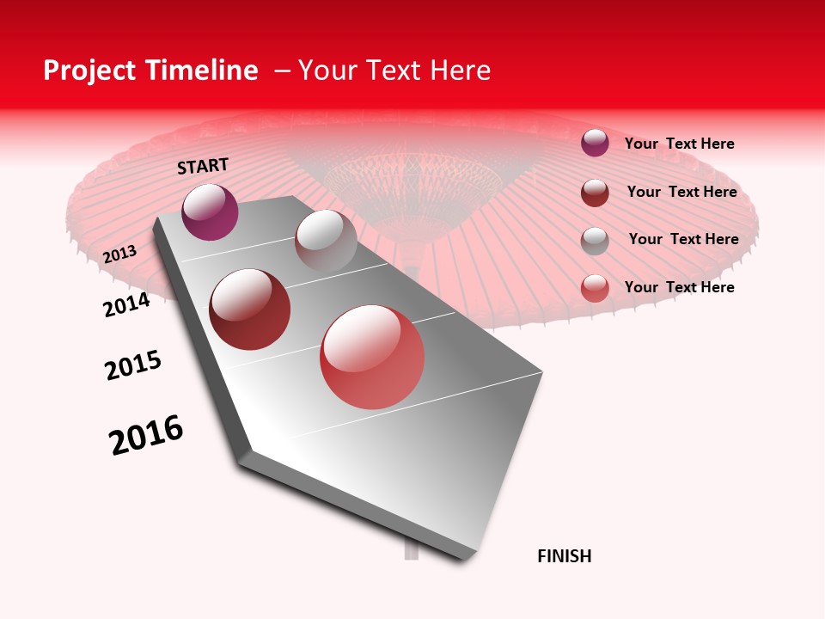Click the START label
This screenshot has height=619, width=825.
pyautogui.click(x=203, y=166)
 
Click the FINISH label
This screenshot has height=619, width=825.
pyautogui.click(x=564, y=556)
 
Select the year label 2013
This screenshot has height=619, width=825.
pyautogui.click(x=120, y=254)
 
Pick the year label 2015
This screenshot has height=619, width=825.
pyautogui.click(x=133, y=365)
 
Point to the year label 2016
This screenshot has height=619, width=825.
pyautogui.click(x=146, y=435)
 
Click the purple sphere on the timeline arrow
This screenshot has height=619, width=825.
pyautogui.click(x=210, y=212)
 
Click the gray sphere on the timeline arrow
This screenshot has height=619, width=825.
pyautogui.click(x=326, y=242)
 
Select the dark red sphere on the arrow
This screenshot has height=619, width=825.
pyautogui.click(x=250, y=309)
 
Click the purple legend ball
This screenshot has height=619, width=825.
pyautogui.click(x=595, y=143)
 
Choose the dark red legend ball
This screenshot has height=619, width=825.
pyautogui.click(x=595, y=193)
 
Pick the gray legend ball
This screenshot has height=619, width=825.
pyautogui.click(x=595, y=241)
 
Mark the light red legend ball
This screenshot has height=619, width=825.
pyautogui.click(x=595, y=288)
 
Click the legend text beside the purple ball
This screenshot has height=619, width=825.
pyautogui.click(x=679, y=144)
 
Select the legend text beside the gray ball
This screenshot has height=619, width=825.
pyautogui.click(x=683, y=239)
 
